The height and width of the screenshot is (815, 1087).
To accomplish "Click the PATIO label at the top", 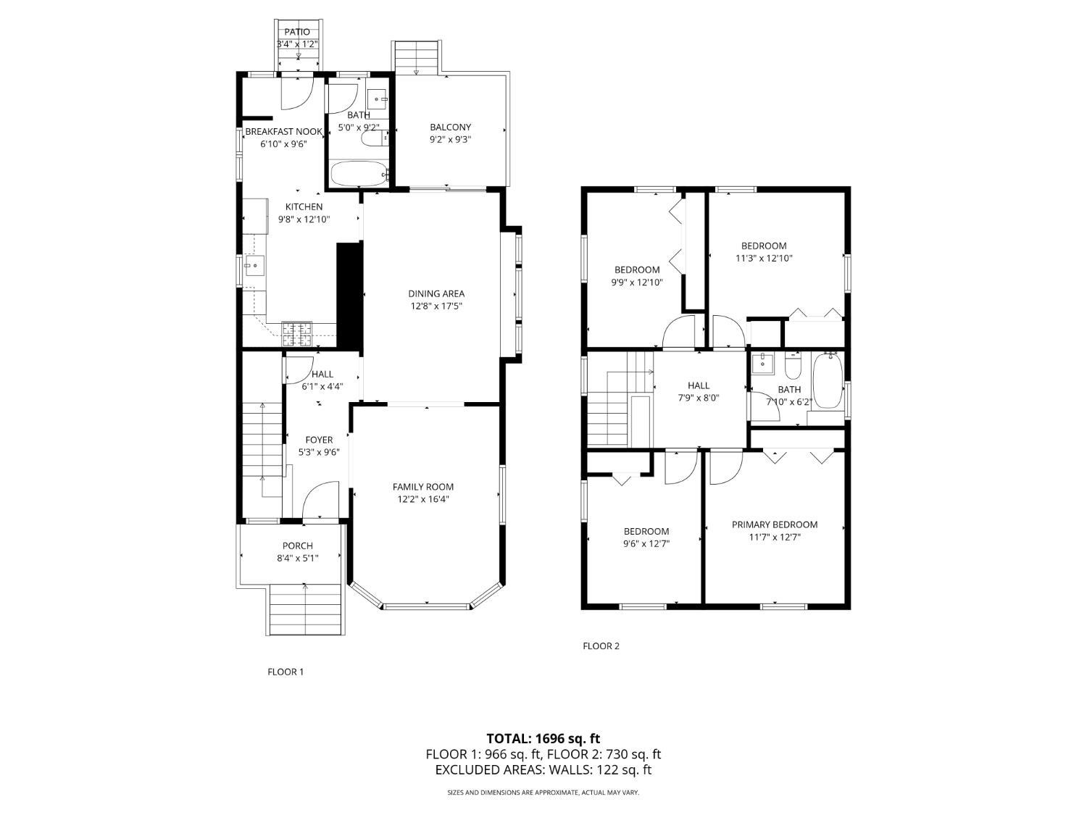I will pyautogui.click(x=297, y=32).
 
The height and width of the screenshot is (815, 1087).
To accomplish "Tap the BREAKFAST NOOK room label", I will pyautogui.click(x=283, y=131).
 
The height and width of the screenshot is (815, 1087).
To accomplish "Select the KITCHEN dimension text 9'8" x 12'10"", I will pyautogui.click(x=304, y=219).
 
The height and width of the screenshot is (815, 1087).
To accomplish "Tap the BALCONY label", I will pyautogui.click(x=450, y=128).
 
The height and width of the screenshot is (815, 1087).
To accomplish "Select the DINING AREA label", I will pyautogui.click(x=436, y=293).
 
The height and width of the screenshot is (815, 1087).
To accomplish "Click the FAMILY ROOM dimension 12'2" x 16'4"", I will pyautogui.click(x=423, y=499).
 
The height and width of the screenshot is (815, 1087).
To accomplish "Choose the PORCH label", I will pyautogui.click(x=297, y=546).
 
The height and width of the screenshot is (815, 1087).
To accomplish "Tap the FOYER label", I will pyautogui.click(x=319, y=440).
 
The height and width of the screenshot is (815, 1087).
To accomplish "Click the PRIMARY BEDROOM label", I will pyautogui.click(x=774, y=524).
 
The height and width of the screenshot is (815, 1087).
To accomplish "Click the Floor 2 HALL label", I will pyautogui.click(x=699, y=385).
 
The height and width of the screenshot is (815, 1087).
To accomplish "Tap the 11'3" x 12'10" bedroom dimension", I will pyautogui.click(x=763, y=258).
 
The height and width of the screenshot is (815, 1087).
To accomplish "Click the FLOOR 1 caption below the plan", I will pyautogui.click(x=286, y=672).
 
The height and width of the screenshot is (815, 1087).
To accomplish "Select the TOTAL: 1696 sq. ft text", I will pyautogui.click(x=543, y=739).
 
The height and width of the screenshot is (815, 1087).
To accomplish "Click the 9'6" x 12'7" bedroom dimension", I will pyautogui.click(x=646, y=543).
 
